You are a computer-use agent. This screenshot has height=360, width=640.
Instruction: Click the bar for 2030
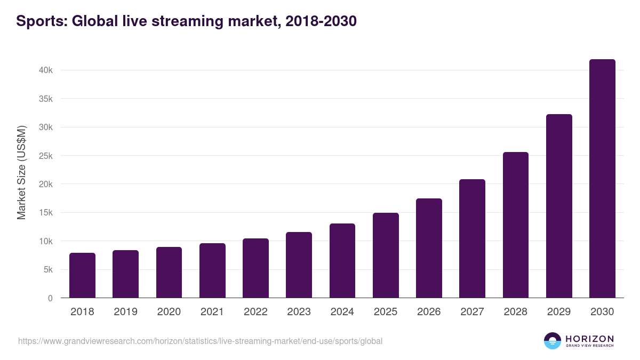[x=602, y=179]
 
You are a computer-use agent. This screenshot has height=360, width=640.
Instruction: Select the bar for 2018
[x=82, y=275]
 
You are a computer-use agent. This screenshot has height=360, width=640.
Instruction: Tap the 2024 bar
[x=342, y=261]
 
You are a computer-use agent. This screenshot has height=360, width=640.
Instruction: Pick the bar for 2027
[x=472, y=238]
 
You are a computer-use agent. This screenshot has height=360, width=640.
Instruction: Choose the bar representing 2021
[x=212, y=270]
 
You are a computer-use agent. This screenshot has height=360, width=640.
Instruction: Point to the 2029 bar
[x=559, y=206]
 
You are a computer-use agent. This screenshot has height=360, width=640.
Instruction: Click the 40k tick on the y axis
[x=45, y=70]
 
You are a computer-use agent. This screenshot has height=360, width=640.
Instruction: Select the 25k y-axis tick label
[x=45, y=156]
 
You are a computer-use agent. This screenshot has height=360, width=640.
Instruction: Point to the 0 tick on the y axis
[x=50, y=298]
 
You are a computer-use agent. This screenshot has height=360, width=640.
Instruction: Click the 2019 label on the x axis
[x=125, y=312]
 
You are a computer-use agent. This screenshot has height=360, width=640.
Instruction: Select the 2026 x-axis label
[x=429, y=312]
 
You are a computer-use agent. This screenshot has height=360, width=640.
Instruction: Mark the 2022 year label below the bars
[x=255, y=312]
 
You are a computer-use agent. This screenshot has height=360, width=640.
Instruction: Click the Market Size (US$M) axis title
[x=21, y=172]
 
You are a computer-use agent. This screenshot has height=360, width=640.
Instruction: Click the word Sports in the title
[x=40, y=21]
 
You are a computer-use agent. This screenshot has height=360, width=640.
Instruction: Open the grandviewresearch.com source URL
[x=200, y=341]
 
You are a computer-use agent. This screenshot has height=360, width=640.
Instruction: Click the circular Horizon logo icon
[x=552, y=341]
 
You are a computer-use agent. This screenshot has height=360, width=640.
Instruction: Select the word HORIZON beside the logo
[x=589, y=339]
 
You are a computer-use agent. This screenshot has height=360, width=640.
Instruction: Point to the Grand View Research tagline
[x=589, y=346]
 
